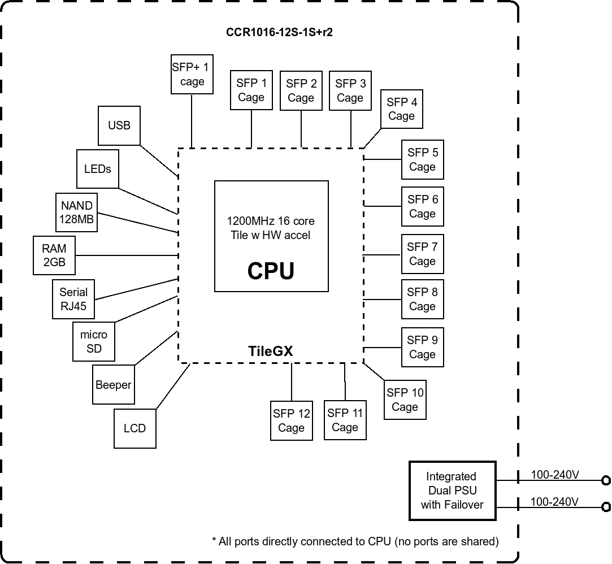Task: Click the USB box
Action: point(119,125)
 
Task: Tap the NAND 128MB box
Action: point(77,212)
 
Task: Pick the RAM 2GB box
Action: point(54,255)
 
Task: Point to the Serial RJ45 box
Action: point(73,299)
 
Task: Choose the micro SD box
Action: point(94,342)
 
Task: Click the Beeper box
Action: point(113,385)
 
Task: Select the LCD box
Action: point(134,428)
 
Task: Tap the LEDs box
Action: point(97,169)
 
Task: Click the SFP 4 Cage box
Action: point(401,109)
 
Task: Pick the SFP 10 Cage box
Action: point(405,400)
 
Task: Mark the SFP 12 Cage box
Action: point(291,421)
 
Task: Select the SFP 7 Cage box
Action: point(422,254)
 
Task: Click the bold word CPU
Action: point(271,271)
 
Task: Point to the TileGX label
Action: point(271,351)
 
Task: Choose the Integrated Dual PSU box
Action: point(452,491)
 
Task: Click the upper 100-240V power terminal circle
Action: point(606,481)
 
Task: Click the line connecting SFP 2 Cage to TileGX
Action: point(301,129)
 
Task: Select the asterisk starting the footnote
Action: point(215,541)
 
